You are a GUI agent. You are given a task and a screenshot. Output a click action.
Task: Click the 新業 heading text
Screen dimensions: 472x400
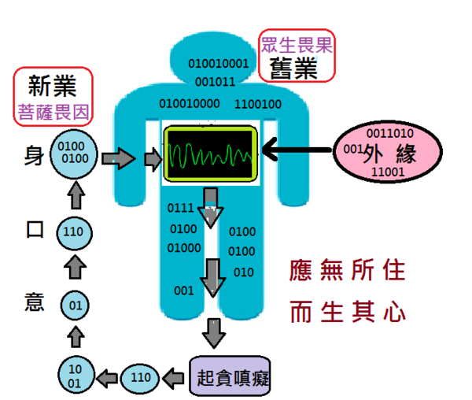click(53, 86)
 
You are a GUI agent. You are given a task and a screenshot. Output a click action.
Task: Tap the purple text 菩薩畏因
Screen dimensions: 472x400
click(53, 113)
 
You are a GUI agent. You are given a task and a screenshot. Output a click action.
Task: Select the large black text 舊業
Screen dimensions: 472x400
click(293, 69)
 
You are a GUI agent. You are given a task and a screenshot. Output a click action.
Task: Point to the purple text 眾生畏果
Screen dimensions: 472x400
click(297, 46)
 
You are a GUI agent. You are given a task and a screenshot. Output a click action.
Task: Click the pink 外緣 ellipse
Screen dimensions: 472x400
click(388, 151)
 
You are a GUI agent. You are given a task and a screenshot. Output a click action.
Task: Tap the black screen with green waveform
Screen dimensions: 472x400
click(210, 154)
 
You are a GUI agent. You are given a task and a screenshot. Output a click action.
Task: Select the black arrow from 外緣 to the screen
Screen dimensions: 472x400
click(297, 149)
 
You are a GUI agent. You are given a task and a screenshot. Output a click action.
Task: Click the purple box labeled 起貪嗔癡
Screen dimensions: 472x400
click(230, 376)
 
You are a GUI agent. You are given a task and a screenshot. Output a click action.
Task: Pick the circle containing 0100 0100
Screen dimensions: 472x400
click(73, 154)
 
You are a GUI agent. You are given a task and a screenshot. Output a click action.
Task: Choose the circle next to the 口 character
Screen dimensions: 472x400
click(75, 233)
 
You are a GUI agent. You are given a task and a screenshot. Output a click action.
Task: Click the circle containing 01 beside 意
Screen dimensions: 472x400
click(75, 306)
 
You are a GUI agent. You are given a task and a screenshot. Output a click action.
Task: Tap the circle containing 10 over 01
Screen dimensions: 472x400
click(76, 375)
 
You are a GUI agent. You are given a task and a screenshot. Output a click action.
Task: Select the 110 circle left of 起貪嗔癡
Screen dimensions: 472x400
click(140, 378)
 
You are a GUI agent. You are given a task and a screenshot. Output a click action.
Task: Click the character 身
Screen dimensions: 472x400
click(34, 155)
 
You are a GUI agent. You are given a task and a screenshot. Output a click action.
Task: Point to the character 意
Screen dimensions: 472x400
click(35, 302)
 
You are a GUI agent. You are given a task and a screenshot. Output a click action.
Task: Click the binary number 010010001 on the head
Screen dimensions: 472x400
click(218, 64)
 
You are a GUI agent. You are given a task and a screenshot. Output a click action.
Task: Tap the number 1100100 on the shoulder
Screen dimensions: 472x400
click(258, 104)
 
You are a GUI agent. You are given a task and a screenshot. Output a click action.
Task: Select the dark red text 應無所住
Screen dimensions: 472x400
click(347, 270)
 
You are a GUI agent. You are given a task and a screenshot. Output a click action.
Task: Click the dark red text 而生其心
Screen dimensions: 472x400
click(348, 312)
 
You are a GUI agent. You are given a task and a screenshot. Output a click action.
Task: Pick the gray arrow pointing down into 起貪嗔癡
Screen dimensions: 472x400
click(214, 333)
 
